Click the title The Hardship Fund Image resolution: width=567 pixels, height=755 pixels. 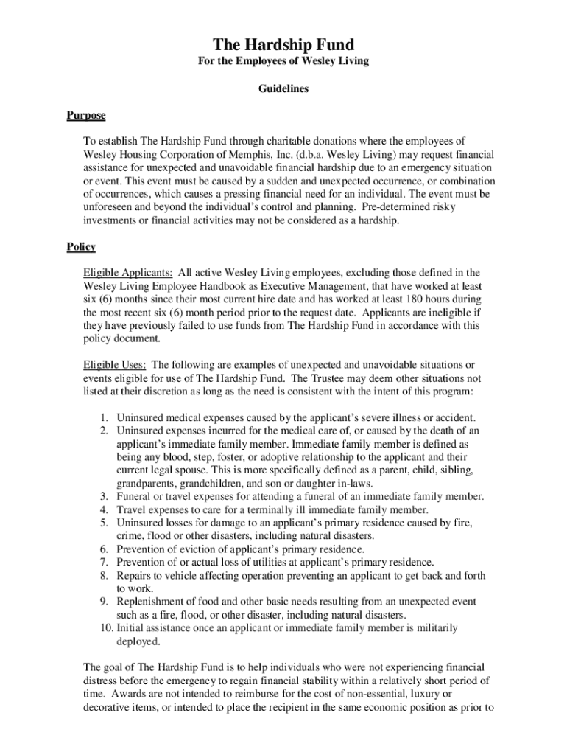(283, 45)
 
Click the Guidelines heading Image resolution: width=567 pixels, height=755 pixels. (283, 88)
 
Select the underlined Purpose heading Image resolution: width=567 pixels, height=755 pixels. (86, 116)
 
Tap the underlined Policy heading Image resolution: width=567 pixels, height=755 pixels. (81, 246)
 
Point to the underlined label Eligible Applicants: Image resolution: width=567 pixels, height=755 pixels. (128, 272)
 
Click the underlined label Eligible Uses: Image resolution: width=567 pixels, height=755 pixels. (114, 364)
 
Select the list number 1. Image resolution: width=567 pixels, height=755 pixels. (105, 417)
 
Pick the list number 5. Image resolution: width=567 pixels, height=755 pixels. (105, 523)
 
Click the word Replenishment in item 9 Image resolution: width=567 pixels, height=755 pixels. (152, 602)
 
